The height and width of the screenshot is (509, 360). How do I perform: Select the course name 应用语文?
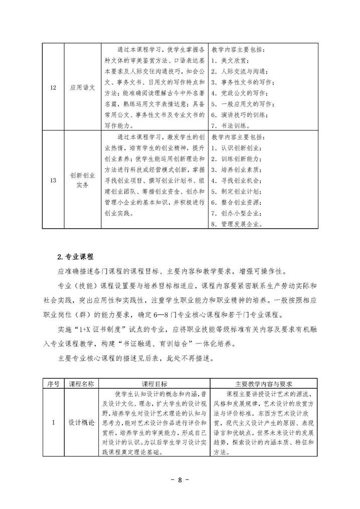pos(82,87)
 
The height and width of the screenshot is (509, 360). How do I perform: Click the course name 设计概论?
pos(81,422)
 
